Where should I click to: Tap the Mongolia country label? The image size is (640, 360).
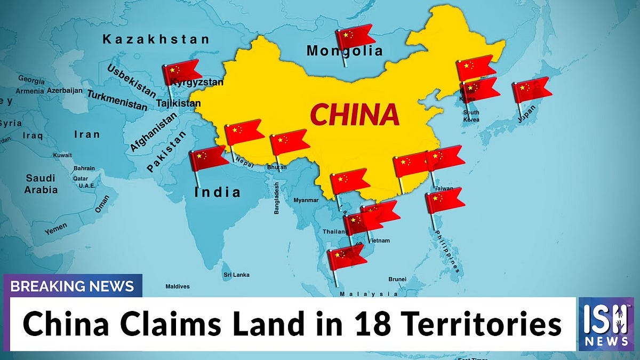(x=345, y=51)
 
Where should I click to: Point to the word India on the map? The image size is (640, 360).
(x=217, y=191)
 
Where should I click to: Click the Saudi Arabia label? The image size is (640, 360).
(x=41, y=183)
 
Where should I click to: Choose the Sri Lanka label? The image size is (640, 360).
(x=235, y=275)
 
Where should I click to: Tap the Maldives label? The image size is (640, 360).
(x=178, y=286)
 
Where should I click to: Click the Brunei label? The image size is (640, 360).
(x=397, y=279)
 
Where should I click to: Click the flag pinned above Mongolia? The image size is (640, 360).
(x=355, y=37)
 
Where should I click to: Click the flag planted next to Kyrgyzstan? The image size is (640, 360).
(x=182, y=72)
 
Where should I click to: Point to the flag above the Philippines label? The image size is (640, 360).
(x=445, y=200)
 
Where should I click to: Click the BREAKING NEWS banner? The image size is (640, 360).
(x=73, y=286)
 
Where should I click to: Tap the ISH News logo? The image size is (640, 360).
(x=606, y=324)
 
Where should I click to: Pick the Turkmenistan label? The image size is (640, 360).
(x=117, y=100)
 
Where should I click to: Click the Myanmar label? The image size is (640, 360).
(x=306, y=200)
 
